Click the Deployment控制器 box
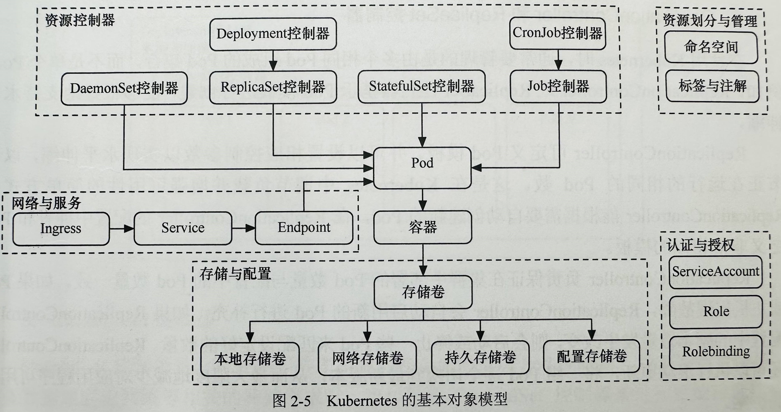pyautogui.click(x=273, y=34)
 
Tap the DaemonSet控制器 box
pyautogui.click(x=124, y=88)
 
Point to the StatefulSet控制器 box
pyautogui.click(x=421, y=86)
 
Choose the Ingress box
pyautogui.click(x=61, y=228)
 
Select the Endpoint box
pyautogui.click(x=304, y=228)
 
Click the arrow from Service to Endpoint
pyautogui.click(x=243, y=228)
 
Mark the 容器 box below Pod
pyautogui.click(x=423, y=227)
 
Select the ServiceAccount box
pyautogui.click(x=715, y=272)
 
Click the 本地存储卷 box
pyautogui.click(x=250, y=359)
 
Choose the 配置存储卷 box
pyautogui.click(x=592, y=356)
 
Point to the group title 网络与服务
pyautogui.click(x=46, y=203)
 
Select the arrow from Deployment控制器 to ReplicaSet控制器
pyautogui.click(x=273, y=61)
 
